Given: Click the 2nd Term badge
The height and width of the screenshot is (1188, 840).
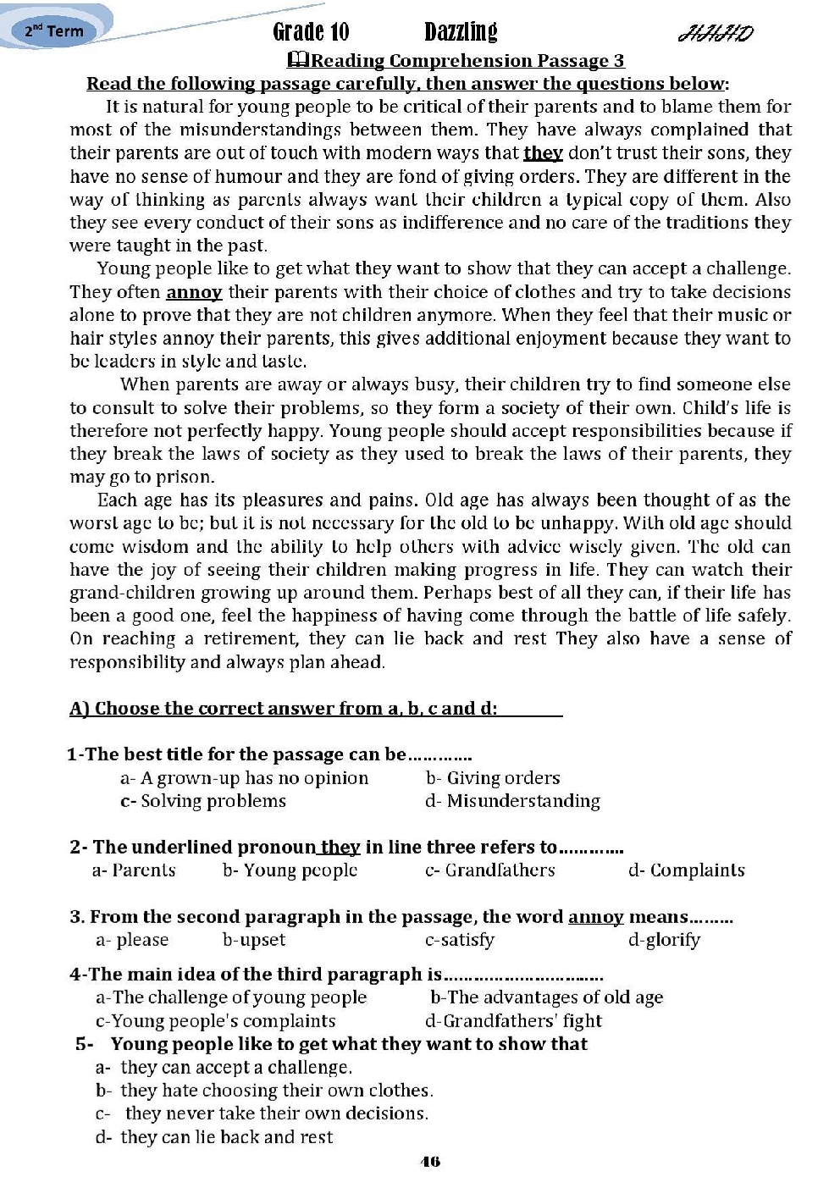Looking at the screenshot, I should [x=54, y=31].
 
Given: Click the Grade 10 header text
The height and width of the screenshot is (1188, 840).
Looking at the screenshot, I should [x=311, y=32].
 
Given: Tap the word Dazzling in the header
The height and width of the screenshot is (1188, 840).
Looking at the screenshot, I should [x=461, y=32].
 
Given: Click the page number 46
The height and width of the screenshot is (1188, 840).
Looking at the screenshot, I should [x=430, y=1162].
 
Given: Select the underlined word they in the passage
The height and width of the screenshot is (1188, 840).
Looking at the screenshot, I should [x=543, y=153].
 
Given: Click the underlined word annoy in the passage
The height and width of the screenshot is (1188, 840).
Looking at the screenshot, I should [x=194, y=292].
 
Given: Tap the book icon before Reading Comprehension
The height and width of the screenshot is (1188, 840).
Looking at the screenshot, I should [x=299, y=60].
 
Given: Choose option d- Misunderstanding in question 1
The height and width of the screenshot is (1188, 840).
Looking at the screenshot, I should [x=513, y=801].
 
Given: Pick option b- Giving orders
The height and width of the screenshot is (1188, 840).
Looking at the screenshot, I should [x=493, y=778].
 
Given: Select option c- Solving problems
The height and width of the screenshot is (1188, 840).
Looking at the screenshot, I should [x=203, y=801].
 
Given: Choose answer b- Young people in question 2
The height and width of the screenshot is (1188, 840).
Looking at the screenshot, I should [x=290, y=870].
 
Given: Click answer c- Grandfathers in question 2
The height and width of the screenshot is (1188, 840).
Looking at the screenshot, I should [x=490, y=870].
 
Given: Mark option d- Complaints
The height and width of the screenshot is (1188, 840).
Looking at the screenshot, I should [x=687, y=870].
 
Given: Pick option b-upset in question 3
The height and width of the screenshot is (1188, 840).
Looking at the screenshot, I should [x=254, y=940].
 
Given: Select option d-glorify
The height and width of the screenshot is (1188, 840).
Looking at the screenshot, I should [x=665, y=940].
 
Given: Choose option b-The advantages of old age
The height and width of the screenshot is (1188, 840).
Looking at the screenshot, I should [x=547, y=997].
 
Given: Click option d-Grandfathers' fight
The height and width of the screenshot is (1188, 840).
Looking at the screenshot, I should [x=514, y=1021].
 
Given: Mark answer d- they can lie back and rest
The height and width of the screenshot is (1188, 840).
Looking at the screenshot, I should [x=215, y=1137].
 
